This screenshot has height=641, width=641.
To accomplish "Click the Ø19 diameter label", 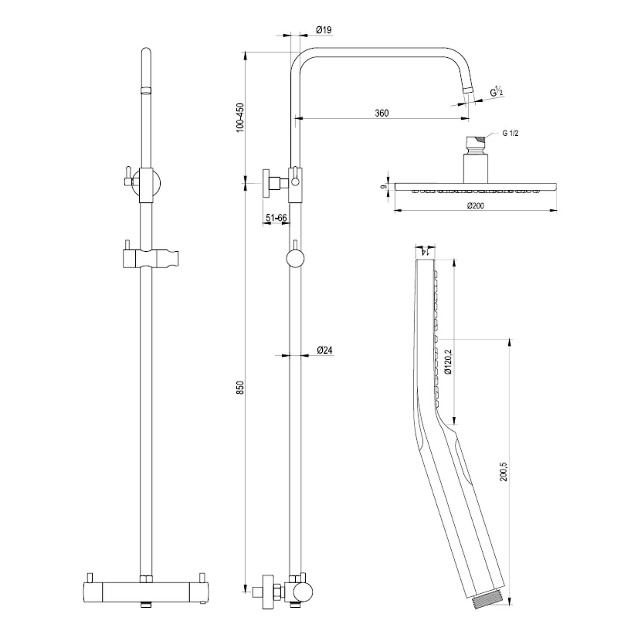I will (x=323, y=30).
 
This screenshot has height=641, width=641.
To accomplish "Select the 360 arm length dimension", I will (x=382, y=113).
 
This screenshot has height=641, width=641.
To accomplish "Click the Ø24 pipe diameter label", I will (x=325, y=350).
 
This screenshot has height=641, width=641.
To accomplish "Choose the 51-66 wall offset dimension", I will (x=276, y=218).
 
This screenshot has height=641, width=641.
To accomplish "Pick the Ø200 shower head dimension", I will (x=475, y=206).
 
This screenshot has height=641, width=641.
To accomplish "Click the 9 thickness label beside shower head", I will (x=383, y=187).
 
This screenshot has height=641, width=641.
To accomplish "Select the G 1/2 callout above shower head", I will (x=511, y=134).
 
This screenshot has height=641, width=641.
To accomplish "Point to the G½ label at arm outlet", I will (x=496, y=91).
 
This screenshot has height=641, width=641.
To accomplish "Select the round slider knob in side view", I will (x=295, y=259).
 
